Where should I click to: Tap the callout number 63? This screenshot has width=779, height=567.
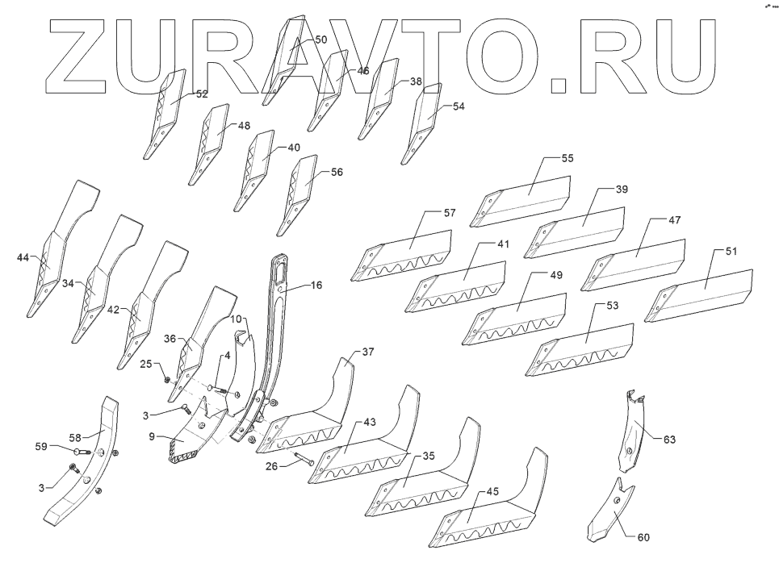coord(670,440)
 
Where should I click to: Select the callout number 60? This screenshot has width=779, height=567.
coord(643,537)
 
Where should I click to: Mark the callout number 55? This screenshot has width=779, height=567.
coord(567,159)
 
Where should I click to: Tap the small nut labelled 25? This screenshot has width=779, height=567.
coord(166,379)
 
